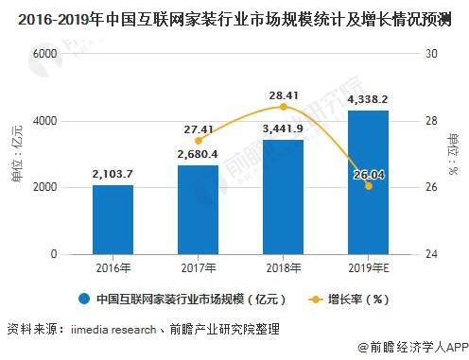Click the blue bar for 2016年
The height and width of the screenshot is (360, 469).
113,219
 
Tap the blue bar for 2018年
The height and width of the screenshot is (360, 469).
283,197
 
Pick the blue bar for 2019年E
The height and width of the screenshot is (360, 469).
368,182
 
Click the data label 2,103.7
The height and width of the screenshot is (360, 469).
113,173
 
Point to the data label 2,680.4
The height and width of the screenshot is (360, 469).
198,154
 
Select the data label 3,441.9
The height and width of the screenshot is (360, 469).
283,129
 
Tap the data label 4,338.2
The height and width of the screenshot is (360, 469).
368,98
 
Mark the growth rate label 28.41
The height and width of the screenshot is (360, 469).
283,94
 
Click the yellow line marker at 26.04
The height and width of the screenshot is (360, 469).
368,186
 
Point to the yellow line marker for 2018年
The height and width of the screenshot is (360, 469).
283,107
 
